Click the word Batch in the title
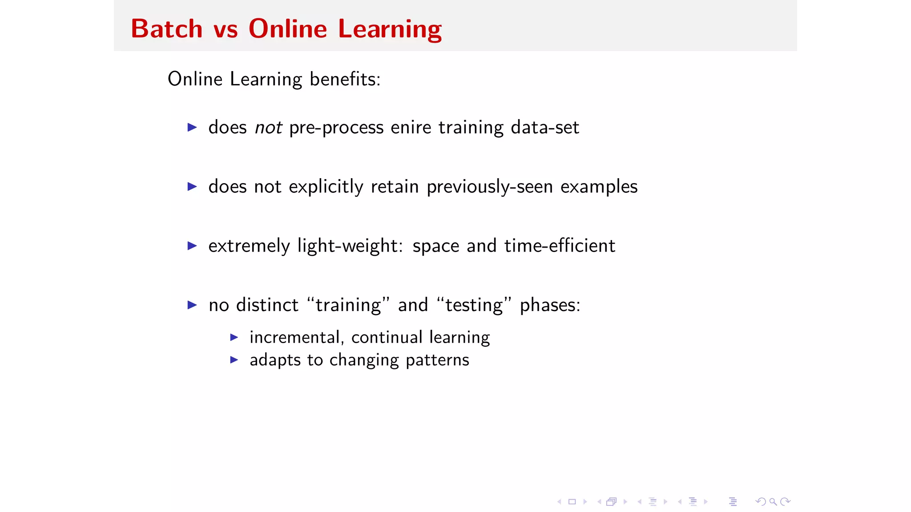(x=167, y=29)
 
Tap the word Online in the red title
(x=288, y=29)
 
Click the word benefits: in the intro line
(x=345, y=79)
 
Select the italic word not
(x=268, y=128)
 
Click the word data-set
(x=545, y=128)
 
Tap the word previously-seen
(x=490, y=187)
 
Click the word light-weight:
(x=350, y=246)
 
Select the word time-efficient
(x=560, y=246)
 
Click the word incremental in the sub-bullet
(x=294, y=337)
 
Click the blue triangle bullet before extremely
(x=192, y=246)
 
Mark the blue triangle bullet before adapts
(x=234, y=360)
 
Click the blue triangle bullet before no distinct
(x=192, y=305)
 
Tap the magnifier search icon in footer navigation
(x=773, y=502)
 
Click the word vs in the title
(x=226, y=30)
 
